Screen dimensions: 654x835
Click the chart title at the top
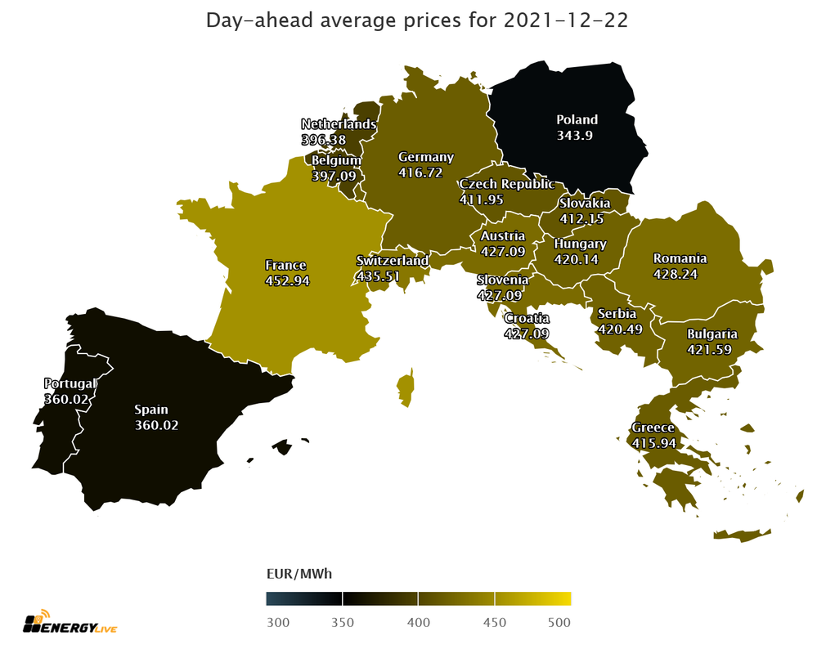(417, 20)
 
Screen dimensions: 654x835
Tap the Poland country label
(577, 119)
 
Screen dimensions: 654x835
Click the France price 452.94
(285, 280)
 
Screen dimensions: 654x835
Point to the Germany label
(425, 157)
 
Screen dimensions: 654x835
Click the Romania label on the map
(679, 258)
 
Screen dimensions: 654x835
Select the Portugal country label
(70, 383)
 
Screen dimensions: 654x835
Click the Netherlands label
(339, 124)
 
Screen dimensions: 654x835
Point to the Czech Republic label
(506, 184)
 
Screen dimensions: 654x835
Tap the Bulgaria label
(712, 334)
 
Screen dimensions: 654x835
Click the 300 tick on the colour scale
(278, 623)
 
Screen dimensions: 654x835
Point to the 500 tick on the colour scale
(559, 623)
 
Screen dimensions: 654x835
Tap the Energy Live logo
(73, 624)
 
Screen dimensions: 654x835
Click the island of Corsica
(405, 387)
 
